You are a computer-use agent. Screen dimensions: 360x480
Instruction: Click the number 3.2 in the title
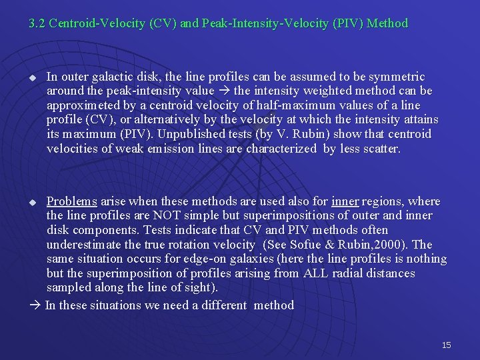click(x=37, y=23)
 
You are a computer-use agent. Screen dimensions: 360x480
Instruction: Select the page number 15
click(x=446, y=345)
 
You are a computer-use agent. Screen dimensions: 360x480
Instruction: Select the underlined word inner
click(x=345, y=201)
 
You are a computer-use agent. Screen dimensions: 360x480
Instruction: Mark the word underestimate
click(x=85, y=245)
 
